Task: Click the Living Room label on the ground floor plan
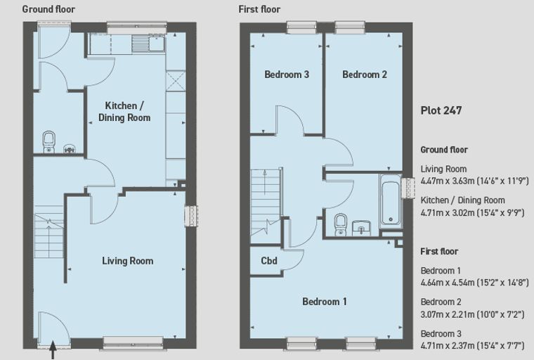(128, 261)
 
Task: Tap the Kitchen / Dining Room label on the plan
(124, 112)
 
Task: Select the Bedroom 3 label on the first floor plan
(287, 75)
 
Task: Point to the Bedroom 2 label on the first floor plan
(365, 75)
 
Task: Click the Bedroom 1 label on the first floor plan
(325, 302)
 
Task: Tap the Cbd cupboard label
(269, 261)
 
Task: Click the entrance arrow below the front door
(53, 350)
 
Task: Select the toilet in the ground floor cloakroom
(49, 142)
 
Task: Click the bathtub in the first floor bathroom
(391, 201)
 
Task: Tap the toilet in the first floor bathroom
(341, 224)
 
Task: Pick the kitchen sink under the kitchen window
(149, 44)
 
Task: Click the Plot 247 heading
(441, 110)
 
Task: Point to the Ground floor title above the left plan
(48, 9)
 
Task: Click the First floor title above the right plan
(259, 9)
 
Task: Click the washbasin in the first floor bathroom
(361, 228)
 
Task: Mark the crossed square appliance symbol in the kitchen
(176, 81)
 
